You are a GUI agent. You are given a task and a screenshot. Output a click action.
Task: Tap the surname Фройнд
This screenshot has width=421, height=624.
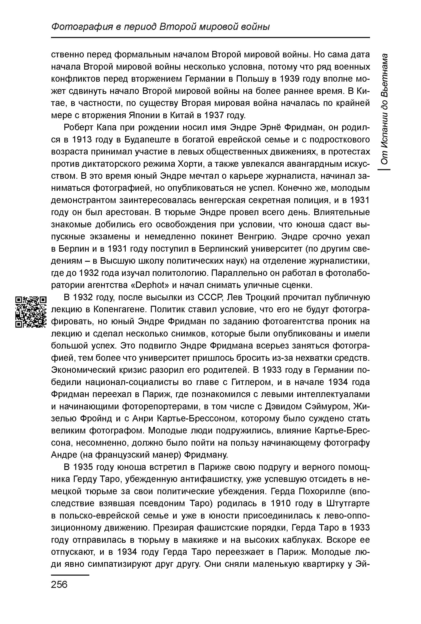[105, 418]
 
